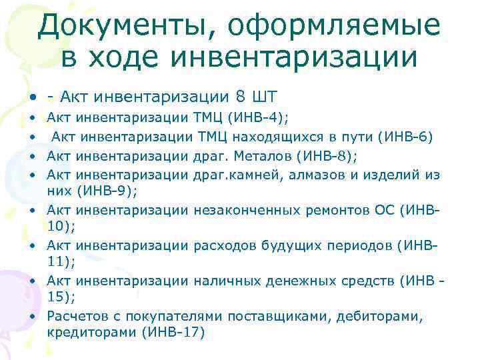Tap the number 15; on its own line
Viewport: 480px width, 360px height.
pyautogui.click(x=61, y=297)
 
